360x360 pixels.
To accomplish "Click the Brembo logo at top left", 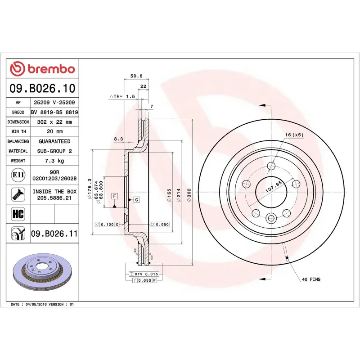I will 43,69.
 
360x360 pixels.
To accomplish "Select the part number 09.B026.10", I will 43,88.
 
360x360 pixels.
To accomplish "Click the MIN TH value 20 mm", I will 54,132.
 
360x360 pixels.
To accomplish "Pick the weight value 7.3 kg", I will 54,161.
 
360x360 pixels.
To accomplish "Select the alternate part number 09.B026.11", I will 54,233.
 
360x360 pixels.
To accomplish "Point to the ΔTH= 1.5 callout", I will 122,97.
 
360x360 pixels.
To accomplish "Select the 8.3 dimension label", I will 118,139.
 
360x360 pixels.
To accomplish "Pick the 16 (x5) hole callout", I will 294,135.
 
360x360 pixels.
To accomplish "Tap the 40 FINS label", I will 311,279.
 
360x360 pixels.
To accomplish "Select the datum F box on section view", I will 115,197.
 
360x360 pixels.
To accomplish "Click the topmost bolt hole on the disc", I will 271,166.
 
